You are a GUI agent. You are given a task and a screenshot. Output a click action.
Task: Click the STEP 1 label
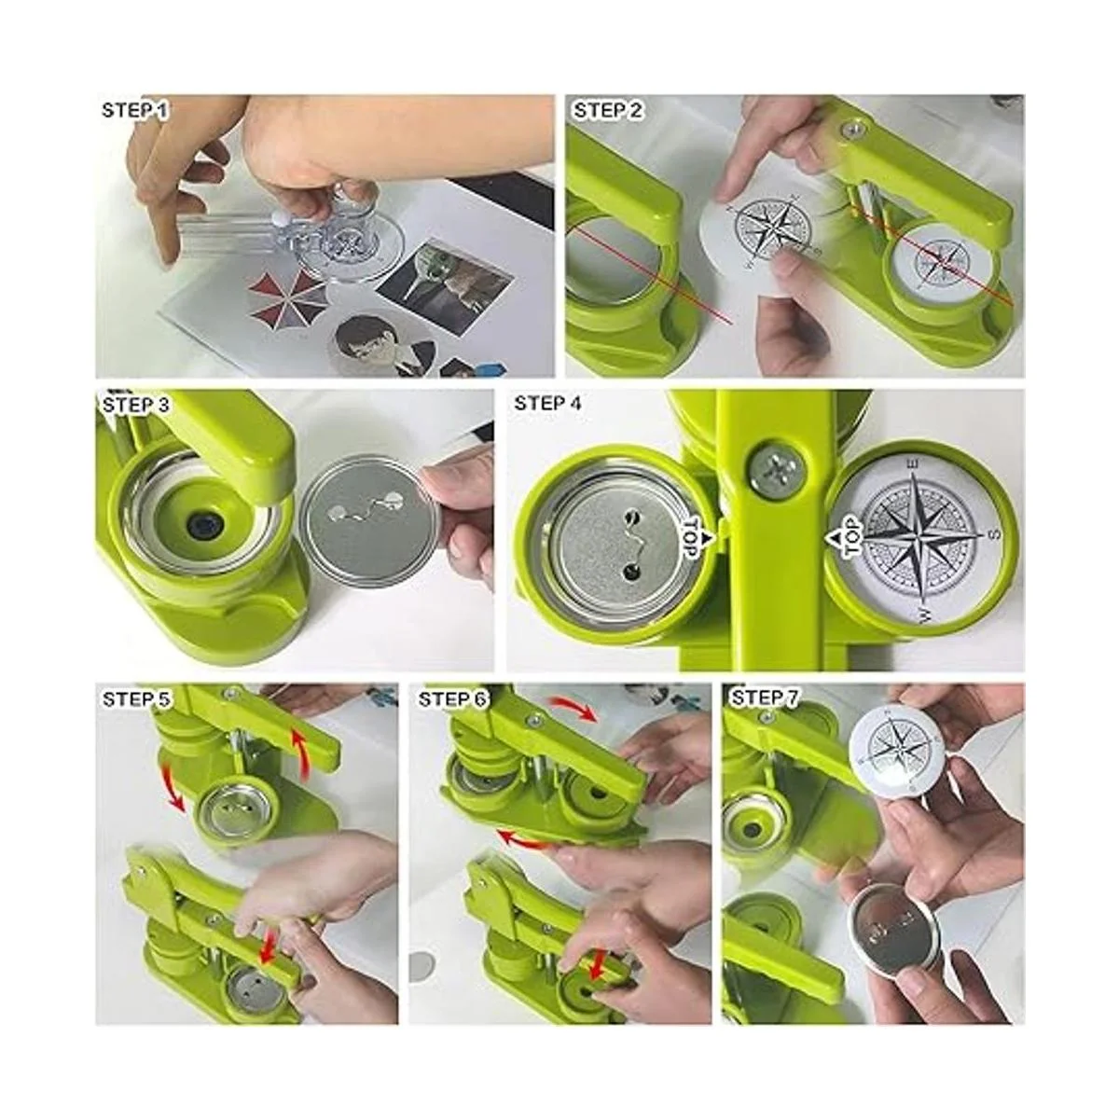click(x=134, y=110)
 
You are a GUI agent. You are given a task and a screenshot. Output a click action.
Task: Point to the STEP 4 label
click(x=547, y=403)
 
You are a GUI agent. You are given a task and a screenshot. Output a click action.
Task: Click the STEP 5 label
click(x=136, y=699)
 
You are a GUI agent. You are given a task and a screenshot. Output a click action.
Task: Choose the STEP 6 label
click(x=451, y=699)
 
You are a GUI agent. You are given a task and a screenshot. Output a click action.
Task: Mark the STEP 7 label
click(x=765, y=698)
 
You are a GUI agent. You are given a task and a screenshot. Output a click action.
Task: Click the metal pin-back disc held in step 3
click(x=370, y=515)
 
